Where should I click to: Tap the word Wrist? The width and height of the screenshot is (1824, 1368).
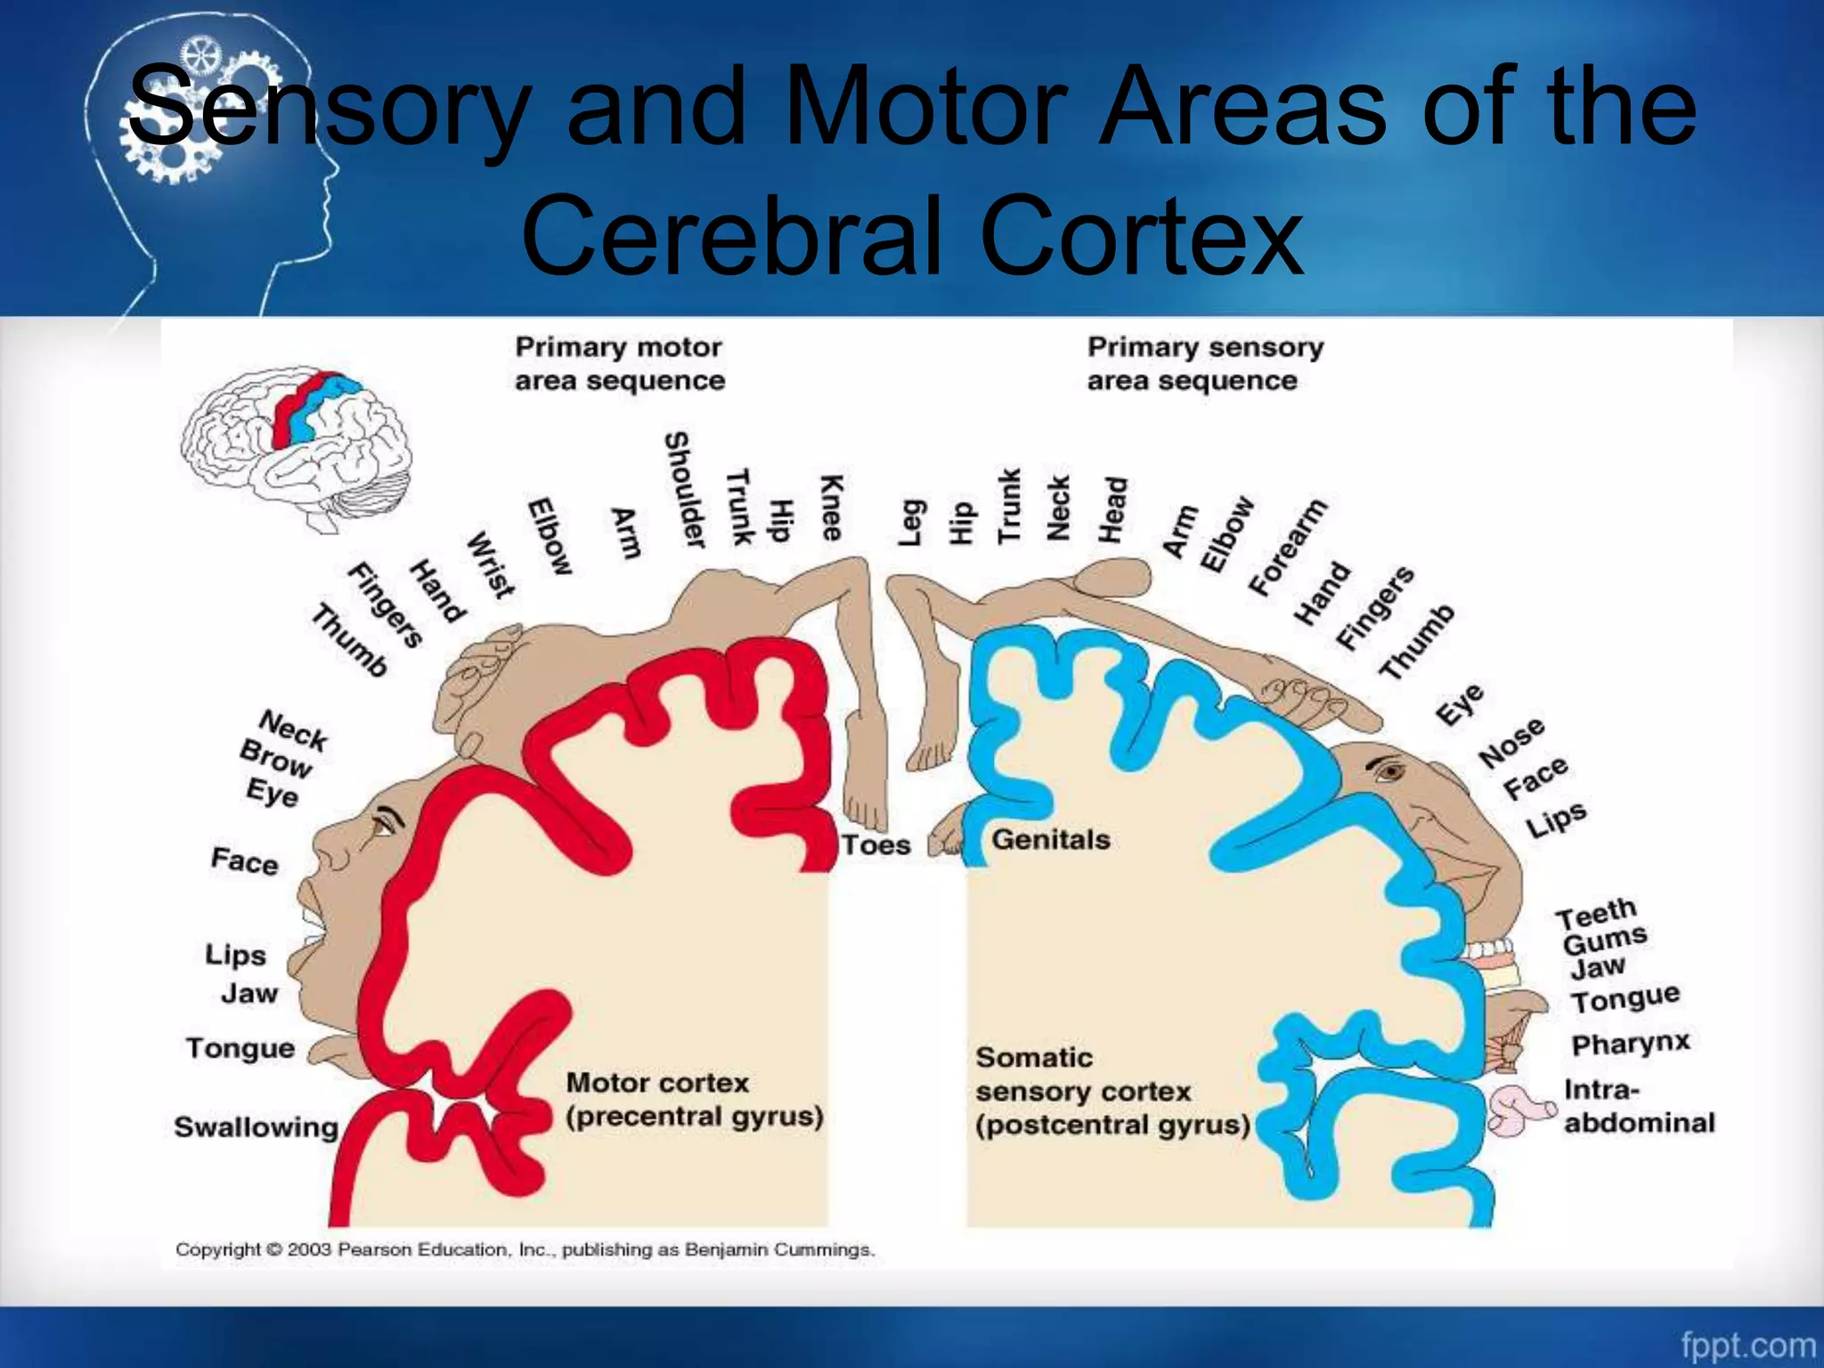491,565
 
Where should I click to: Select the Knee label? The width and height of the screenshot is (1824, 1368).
831,507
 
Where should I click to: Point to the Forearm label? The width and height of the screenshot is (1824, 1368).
1287,547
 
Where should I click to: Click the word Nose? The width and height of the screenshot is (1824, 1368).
1511,743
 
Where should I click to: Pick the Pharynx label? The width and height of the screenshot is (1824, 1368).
1630,1043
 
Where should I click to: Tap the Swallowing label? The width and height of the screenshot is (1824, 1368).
256,1127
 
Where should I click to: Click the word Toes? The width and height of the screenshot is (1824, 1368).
876,844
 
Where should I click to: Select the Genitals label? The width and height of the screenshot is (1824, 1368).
1051,839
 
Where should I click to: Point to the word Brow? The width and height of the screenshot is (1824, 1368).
275,758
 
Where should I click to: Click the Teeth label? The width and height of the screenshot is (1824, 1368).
1596,913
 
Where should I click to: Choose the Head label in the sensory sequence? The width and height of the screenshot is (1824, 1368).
1113,509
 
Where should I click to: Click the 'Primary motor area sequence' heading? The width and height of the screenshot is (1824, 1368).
620,363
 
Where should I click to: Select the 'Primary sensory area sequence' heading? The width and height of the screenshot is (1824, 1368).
1205,363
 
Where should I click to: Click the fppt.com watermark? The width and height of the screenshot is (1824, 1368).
1747,1344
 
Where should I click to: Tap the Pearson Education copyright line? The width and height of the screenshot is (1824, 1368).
525,1250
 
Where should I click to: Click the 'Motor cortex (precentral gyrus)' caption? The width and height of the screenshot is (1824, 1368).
694,1099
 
